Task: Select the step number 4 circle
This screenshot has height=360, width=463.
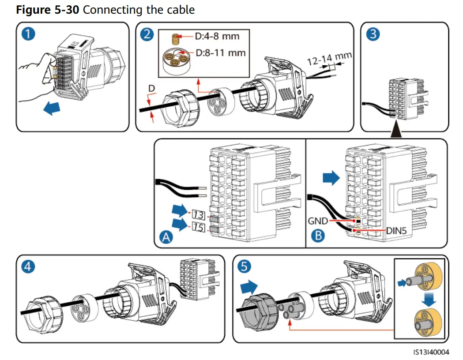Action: (x=29, y=267)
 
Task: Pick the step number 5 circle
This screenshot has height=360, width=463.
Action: (x=245, y=267)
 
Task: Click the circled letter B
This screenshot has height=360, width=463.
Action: (x=317, y=236)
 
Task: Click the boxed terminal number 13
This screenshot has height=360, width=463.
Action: (x=198, y=215)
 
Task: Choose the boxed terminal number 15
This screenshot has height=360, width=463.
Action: (x=198, y=228)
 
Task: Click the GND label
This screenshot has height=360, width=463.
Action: (x=318, y=221)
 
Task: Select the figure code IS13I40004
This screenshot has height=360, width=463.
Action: (x=431, y=352)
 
